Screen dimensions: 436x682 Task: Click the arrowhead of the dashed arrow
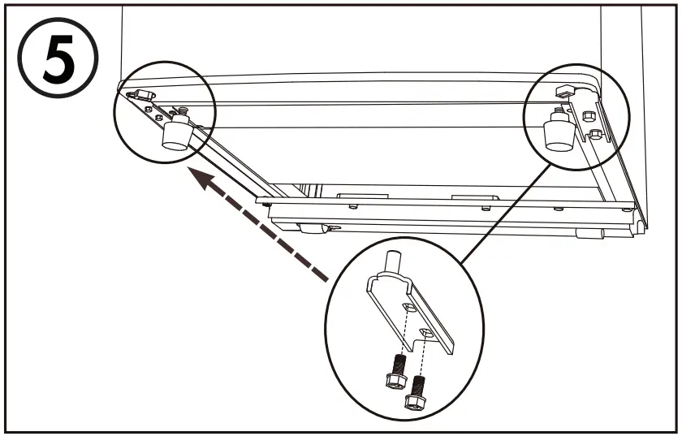(x=194, y=173)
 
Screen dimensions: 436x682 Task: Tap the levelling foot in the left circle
(x=176, y=135)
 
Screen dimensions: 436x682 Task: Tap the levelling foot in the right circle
(x=557, y=133)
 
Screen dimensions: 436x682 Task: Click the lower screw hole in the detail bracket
(x=427, y=332)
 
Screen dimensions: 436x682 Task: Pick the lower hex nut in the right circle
(x=595, y=135)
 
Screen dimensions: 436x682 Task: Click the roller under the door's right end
(x=588, y=234)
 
